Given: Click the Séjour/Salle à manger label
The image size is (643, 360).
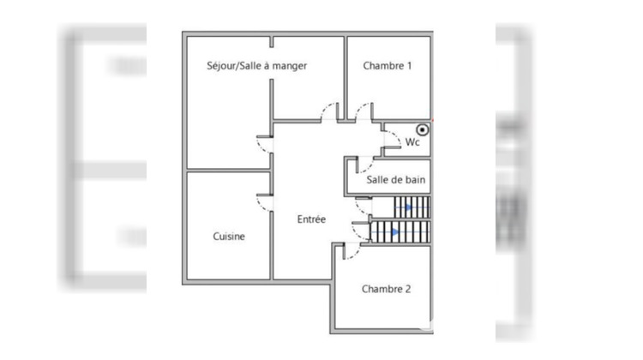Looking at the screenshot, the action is [257, 65].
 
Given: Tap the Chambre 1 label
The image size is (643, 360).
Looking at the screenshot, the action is [388, 65].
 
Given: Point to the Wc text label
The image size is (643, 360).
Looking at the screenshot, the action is [412, 142].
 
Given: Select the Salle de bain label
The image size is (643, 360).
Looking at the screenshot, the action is [397, 180].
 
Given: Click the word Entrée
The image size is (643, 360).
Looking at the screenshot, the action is [311, 219].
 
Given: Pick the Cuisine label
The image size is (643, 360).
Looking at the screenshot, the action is [229, 237].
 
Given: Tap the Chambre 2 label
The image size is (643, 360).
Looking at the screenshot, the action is [386, 289].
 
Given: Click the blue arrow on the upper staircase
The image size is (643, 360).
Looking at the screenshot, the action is [408, 207].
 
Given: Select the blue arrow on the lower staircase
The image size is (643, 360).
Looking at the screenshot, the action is [394, 231].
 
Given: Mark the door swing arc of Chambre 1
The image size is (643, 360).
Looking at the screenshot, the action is [364, 111].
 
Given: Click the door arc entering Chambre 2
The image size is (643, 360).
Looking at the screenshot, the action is [350, 250].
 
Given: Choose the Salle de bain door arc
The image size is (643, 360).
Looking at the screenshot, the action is [364, 165].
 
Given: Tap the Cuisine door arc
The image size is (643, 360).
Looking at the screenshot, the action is [264, 203].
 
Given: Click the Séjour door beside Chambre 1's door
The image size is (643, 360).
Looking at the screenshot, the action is [328, 111].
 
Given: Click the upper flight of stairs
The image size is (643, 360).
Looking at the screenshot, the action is [412, 207].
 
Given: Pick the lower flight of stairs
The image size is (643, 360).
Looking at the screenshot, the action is [400, 231].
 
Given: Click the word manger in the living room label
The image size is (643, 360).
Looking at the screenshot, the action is [289, 65].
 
